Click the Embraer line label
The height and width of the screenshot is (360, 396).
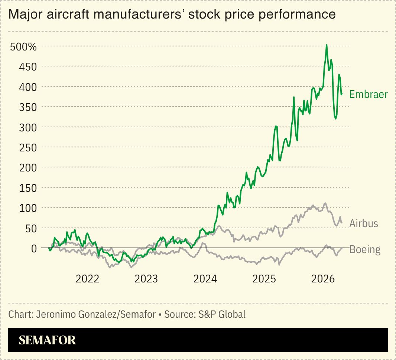click(368, 95)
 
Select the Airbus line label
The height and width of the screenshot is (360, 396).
click(363, 223)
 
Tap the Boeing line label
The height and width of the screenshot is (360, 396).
click(365, 250)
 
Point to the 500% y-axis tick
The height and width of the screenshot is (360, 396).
click(23, 47)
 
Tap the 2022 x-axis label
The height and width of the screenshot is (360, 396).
click(88, 279)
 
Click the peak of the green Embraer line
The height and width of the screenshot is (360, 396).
click(326, 45)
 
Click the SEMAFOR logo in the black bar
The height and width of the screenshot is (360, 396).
click(47, 340)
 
